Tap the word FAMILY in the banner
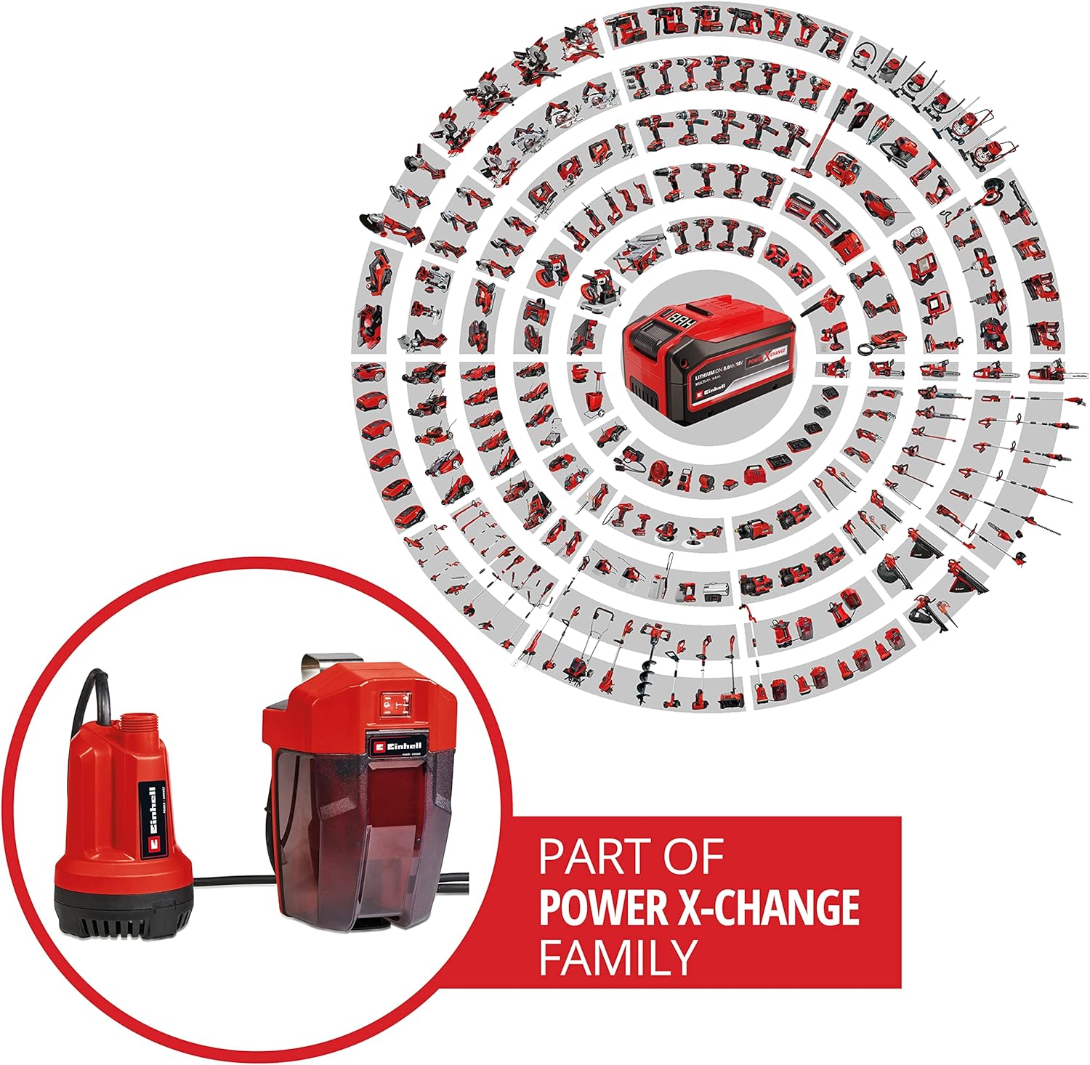618,957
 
